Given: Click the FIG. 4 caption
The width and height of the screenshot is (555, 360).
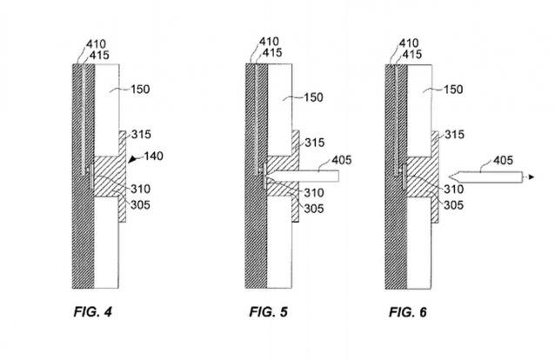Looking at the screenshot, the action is (93, 312).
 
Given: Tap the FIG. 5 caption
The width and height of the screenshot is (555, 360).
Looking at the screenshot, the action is (268, 312).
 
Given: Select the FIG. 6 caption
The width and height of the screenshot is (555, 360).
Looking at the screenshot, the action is (408, 312).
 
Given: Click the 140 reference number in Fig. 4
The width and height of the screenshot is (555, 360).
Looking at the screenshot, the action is (154, 156).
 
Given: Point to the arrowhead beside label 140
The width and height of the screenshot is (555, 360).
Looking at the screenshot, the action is (132, 160).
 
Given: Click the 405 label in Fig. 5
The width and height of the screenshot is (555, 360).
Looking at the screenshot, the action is (342, 160).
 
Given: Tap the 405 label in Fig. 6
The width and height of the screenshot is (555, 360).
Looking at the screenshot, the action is (503, 160).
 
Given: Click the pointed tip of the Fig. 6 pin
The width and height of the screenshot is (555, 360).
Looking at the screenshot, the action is (449, 177).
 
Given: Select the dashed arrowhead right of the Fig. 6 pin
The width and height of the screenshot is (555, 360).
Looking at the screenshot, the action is (532, 177).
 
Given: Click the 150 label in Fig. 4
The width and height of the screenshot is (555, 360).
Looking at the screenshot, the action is (140, 90).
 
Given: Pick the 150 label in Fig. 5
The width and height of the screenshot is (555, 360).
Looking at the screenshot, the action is (313, 97).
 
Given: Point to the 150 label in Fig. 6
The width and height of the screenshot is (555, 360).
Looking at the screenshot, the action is (453, 90).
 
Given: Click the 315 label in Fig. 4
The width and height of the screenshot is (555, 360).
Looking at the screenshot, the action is (141, 134).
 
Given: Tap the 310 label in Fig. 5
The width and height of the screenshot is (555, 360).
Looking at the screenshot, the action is (314, 192).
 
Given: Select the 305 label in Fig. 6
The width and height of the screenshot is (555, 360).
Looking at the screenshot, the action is (453, 204).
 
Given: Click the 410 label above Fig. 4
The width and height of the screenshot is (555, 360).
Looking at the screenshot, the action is (96, 44).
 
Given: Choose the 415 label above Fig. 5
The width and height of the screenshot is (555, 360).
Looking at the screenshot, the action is (271, 53).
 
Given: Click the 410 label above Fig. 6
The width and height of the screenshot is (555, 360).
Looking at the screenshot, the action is (409, 43).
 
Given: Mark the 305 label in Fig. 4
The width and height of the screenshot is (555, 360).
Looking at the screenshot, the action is (140, 204).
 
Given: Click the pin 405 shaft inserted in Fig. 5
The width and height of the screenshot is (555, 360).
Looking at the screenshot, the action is (302, 177).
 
